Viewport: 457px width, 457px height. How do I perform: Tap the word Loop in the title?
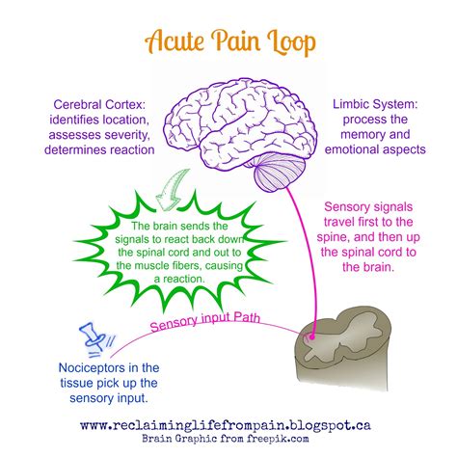tap(286, 42)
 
